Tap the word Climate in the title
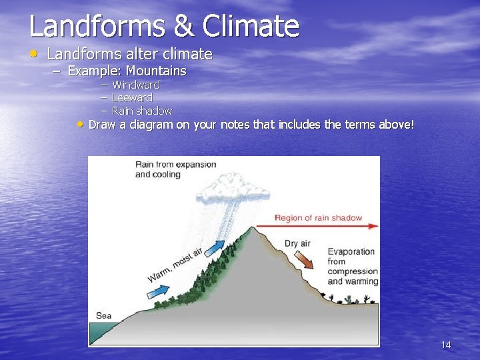pos(251,27)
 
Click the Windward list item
pos(135,85)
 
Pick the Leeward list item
pos(131,97)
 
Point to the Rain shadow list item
pos(141,111)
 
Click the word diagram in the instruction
pos(151,125)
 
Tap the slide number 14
pos(446,345)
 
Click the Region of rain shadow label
pos(318,217)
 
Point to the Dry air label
pos(297,243)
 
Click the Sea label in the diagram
pos(103,315)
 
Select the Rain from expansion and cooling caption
pos(175,169)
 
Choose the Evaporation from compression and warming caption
pos(351,266)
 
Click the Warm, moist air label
pos(175,265)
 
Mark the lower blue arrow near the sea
pos(158,291)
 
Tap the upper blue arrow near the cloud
pos(213,249)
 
